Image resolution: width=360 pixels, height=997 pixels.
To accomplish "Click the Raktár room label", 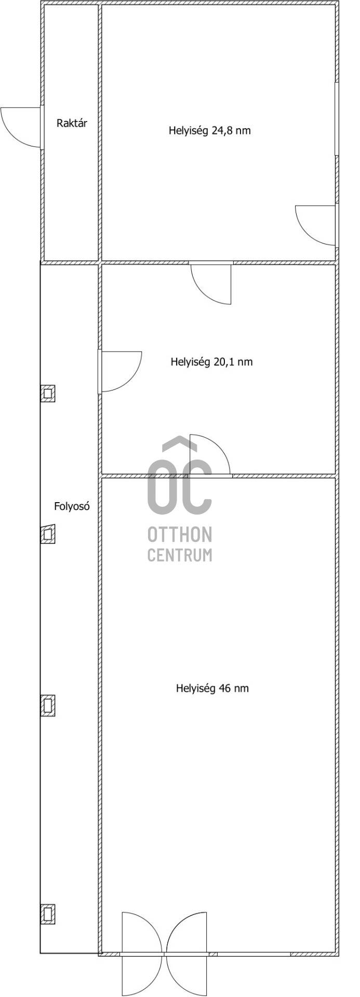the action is [x=72, y=124].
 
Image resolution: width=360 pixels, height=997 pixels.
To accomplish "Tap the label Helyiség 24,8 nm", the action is [x=209, y=130].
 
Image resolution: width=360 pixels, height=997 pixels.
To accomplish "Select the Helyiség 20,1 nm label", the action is [x=211, y=361].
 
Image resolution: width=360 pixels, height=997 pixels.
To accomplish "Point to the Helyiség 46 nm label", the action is [x=212, y=689].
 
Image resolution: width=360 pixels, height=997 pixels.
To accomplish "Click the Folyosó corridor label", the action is [x=72, y=506].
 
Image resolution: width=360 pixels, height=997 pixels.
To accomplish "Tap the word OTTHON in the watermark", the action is [x=180, y=534].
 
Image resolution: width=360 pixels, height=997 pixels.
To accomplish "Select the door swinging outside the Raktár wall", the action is [x=21, y=127].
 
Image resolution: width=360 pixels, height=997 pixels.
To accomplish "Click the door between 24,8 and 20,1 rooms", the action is [x=211, y=283].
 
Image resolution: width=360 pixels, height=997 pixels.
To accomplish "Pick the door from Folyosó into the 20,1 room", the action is [x=121, y=371].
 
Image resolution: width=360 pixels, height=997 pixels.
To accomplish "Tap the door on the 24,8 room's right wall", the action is [x=316, y=225].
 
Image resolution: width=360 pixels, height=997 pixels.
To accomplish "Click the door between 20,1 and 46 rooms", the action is [x=210, y=454].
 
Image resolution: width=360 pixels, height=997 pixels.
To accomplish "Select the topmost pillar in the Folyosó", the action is [x=48, y=393].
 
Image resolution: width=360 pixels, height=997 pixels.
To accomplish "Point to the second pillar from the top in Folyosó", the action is [x=48, y=534].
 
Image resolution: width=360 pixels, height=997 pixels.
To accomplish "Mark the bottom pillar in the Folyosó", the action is [x=48, y=913].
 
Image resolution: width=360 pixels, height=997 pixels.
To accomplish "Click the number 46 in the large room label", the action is [x=225, y=689].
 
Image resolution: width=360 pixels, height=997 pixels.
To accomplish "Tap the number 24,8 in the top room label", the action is [x=223, y=131].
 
